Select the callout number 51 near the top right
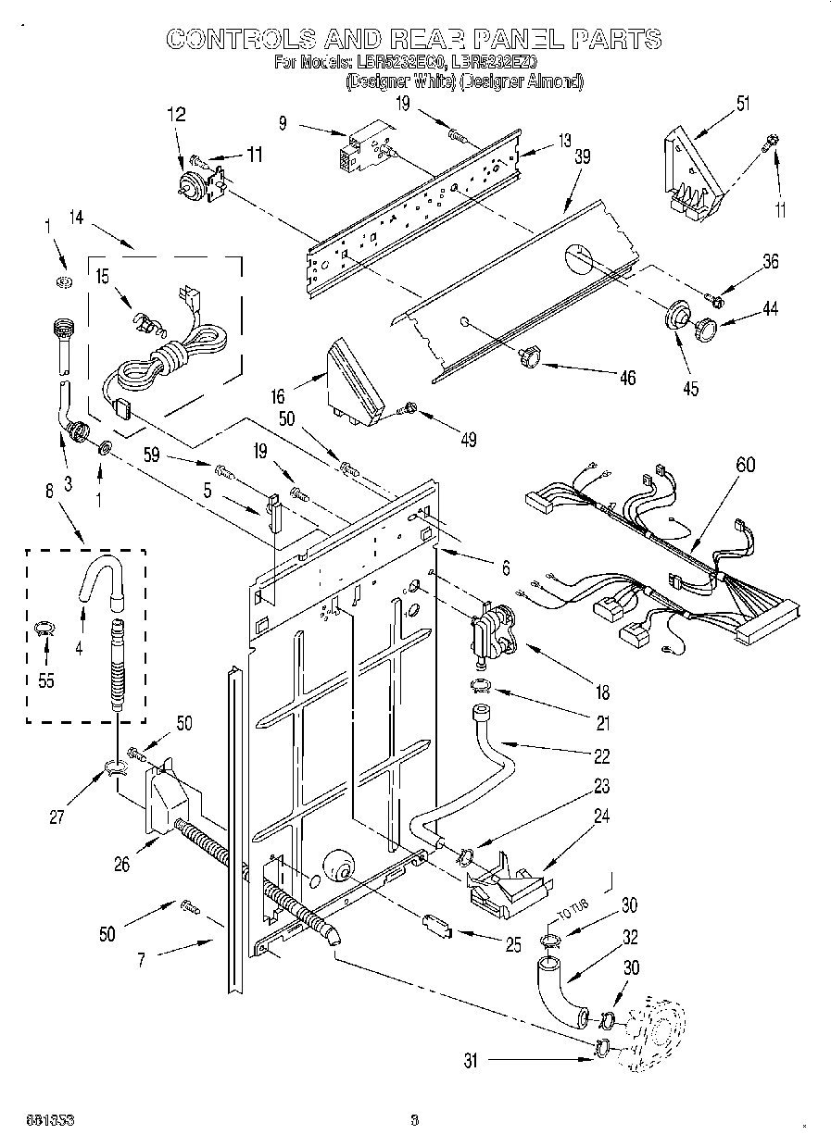coord(742,104)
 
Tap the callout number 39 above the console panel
coord(582,157)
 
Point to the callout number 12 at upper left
coord(175,115)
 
